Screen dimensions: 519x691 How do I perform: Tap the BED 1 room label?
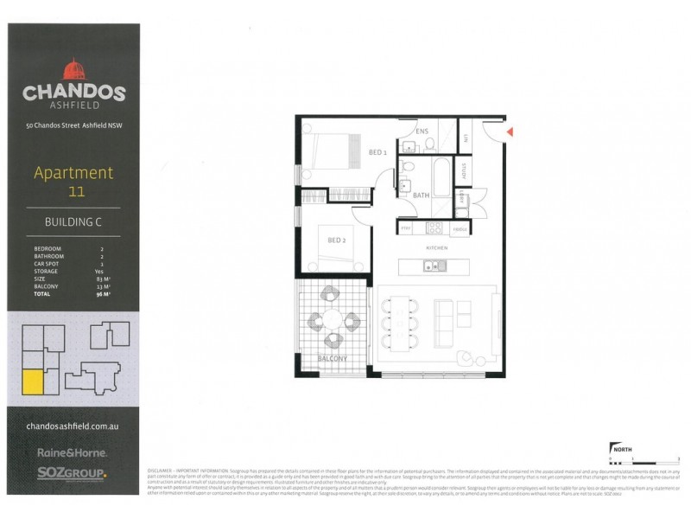coord(377,152)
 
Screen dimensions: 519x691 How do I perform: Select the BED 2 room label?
coord(336,240)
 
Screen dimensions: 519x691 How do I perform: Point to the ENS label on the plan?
coord(422,131)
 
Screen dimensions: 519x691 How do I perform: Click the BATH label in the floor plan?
coord(421,195)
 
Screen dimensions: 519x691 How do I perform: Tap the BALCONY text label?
coord(332,358)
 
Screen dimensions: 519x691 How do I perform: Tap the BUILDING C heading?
coord(73,222)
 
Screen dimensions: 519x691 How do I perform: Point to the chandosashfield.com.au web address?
coord(73,427)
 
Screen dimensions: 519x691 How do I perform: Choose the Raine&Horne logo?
coord(72,452)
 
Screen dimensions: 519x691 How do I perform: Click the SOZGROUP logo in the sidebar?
coord(72,472)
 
